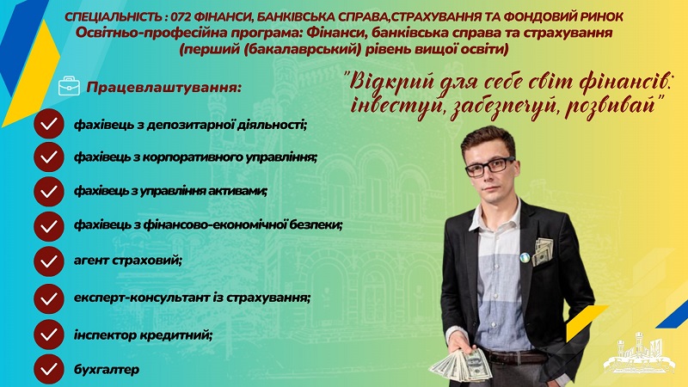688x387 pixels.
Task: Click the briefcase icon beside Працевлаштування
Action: click(69, 86)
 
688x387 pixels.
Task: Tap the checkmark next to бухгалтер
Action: click(49, 369)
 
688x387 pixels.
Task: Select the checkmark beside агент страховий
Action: click(49, 261)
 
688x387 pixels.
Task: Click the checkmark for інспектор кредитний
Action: click(49, 335)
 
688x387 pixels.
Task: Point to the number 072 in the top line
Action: click(180, 17)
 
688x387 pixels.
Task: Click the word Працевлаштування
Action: click(163, 88)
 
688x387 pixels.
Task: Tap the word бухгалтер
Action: click(107, 370)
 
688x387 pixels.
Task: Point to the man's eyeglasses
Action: click(489, 166)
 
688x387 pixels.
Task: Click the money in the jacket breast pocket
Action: click(543, 251)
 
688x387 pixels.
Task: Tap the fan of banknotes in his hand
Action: click(460, 364)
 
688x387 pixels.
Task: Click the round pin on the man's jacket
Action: click(525, 257)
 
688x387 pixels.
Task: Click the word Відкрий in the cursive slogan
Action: click(386, 83)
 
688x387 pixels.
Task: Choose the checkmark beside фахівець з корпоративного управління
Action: click(49, 157)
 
